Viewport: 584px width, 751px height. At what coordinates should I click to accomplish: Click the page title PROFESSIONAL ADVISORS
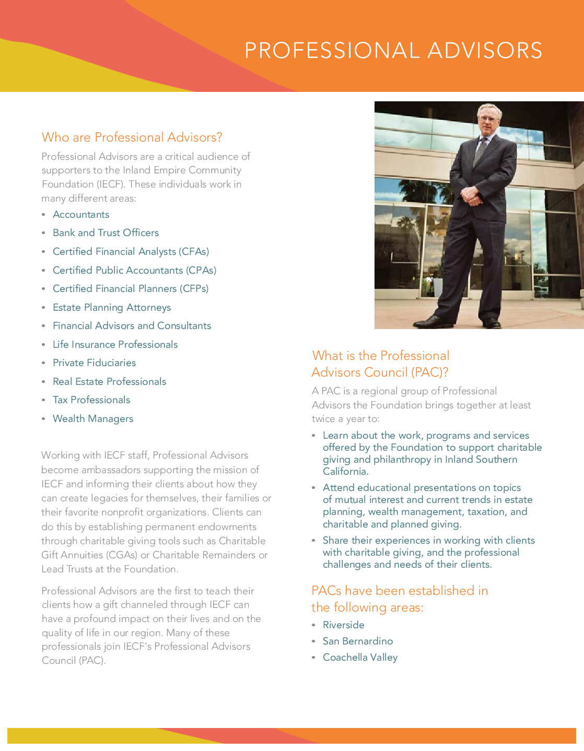(x=393, y=51)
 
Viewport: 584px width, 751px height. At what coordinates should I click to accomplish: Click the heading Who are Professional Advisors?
(x=132, y=137)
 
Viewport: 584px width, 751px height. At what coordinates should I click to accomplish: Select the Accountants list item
(x=81, y=215)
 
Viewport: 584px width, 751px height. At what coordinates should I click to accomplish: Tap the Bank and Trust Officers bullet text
(x=106, y=233)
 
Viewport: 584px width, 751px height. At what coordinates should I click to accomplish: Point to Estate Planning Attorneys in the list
(x=112, y=308)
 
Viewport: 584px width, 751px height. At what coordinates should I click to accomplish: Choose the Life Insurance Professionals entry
(x=115, y=345)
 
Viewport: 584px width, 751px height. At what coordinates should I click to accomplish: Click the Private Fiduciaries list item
(x=94, y=363)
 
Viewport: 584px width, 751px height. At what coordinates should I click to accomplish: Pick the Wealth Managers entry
(x=93, y=419)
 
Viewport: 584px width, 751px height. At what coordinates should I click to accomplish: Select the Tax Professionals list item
(x=91, y=400)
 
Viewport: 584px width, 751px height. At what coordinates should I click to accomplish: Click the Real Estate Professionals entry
(x=109, y=382)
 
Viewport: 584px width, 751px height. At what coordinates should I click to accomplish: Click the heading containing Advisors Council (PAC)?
(x=380, y=372)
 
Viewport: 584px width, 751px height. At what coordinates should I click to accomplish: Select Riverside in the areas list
(x=343, y=625)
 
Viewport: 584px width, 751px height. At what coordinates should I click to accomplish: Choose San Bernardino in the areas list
(x=358, y=641)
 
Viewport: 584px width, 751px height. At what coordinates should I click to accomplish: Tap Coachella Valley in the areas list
(x=360, y=658)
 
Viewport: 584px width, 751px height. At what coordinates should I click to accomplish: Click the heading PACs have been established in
(x=400, y=591)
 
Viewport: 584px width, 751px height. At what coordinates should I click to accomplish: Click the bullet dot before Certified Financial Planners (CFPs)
(x=44, y=289)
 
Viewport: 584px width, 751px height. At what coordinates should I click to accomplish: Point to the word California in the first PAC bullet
(x=345, y=472)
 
